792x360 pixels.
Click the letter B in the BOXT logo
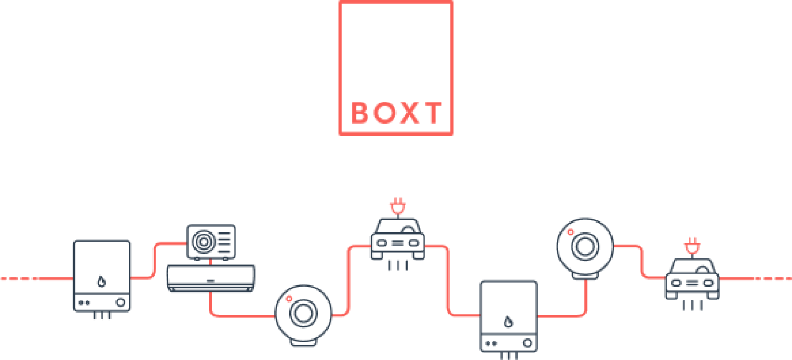click(360, 113)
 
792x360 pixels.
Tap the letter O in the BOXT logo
click(383, 113)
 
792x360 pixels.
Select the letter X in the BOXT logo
click(407, 113)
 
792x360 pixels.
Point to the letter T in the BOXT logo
click(431, 113)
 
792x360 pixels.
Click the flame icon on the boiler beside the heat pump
click(101, 282)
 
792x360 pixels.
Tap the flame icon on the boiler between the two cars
click(508, 322)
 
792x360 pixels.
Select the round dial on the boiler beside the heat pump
click(120, 303)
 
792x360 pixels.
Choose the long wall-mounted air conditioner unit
click(210, 278)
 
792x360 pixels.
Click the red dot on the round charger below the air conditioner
click(288, 299)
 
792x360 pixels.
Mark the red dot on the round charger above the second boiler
click(570, 232)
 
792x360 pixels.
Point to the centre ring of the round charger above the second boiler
click(585, 246)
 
